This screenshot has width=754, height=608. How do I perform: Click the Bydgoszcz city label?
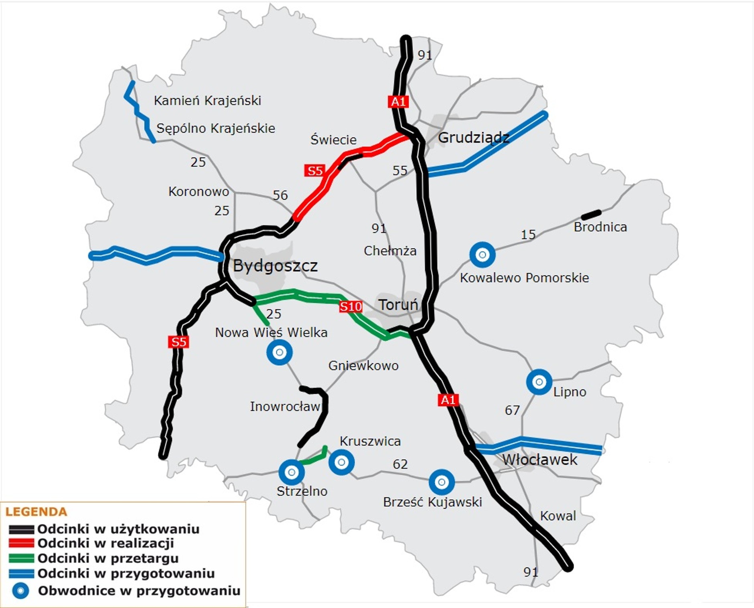pyautogui.click(x=275, y=265)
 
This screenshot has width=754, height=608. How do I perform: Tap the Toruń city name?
pyautogui.click(x=398, y=305)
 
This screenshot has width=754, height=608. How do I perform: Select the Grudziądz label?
pyautogui.click(x=473, y=138)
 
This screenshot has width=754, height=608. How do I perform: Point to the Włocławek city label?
pyautogui.click(x=539, y=460)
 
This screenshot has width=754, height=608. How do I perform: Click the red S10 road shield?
pyautogui.click(x=351, y=307)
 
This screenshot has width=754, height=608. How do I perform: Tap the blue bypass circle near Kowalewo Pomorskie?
pyautogui.click(x=482, y=255)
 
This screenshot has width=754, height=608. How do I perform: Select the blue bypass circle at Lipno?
pyautogui.click(x=539, y=382)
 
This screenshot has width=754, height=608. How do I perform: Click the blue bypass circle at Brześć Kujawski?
pyautogui.click(x=442, y=482)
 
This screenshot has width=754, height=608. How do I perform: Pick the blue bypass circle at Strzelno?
pyautogui.click(x=292, y=472)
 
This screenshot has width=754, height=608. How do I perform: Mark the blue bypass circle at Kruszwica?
pyautogui.click(x=341, y=462)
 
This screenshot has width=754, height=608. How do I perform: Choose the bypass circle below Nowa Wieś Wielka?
pyautogui.click(x=280, y=352)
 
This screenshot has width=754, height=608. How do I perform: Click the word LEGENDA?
pyautogui.click(x=36, y=512)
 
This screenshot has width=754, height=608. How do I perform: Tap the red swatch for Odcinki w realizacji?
pyautogui.click(x=21, y=543)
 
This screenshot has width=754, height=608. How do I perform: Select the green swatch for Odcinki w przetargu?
pyautogui.click(x=21, y=558)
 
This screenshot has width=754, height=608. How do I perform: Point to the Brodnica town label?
pyautogui.click(x=600, y=227)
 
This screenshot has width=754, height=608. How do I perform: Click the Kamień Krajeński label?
pyautogui.click(x=207, y=100)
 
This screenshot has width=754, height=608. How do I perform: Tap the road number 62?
pyautogui.click(x=400, y=464)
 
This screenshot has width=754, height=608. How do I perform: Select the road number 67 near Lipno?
pyautogui.click(x=512, y=410)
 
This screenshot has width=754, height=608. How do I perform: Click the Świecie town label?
pyautogui.click(x=333, y=140)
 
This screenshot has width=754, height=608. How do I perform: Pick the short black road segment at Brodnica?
pyautogui.click(x=591, y=215)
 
